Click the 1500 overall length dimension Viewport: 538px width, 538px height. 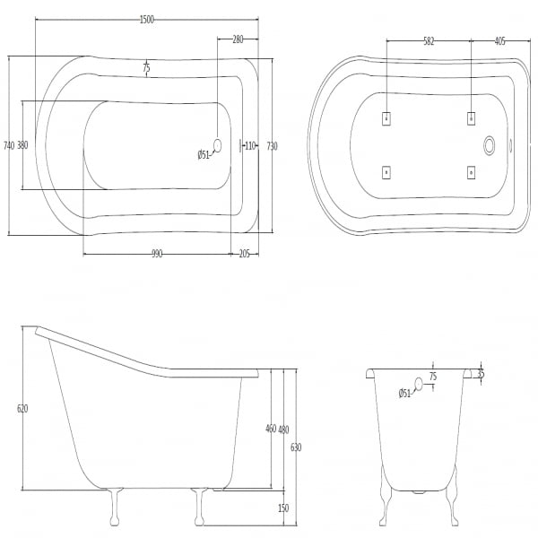(147, 20)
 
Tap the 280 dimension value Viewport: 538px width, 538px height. (238, 39)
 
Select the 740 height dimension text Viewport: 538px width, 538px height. (9, 145)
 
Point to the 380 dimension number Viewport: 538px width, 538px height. (22, 145)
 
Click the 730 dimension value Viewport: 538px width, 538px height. (272, 146)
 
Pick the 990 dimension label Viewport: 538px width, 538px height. (157, 255)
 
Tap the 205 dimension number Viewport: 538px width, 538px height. (244, 255)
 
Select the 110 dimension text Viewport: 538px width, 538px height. (250, 146)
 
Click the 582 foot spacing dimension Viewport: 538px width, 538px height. (429, 41)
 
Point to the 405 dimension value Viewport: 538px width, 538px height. (500, 41)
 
